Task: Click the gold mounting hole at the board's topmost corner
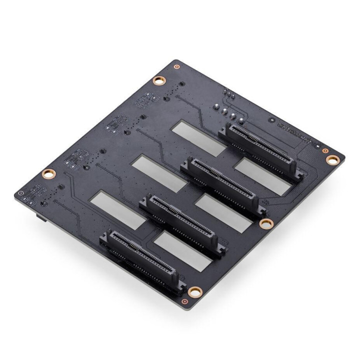tap(159, 80)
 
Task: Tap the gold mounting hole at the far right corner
tap(332, 159)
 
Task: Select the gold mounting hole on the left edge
tap(48, 173)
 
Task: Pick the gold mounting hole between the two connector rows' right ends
tap(264, 222)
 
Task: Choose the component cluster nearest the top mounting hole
tap(145, 100)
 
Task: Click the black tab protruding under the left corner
tap(38, 218)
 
